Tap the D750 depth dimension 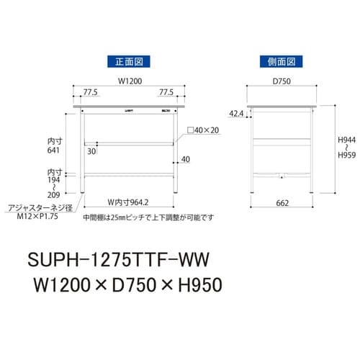coord(282,81)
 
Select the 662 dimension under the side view coord(282,203)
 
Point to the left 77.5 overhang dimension coord(90,93)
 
